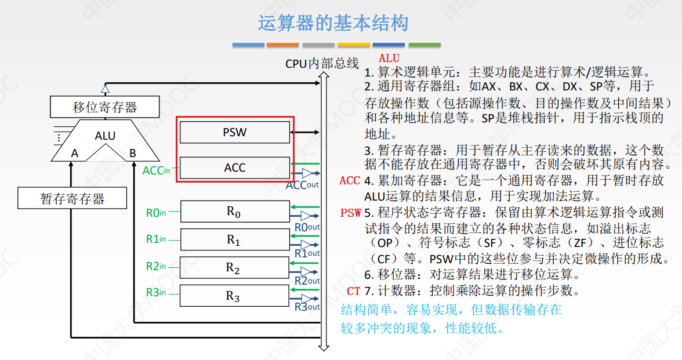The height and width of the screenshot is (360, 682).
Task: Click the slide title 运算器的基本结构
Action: click(333, 23)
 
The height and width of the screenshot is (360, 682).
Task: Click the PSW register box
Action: click(234, 132)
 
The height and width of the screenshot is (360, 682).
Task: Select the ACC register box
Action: click(234, 168)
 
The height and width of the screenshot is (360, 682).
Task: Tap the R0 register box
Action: click(234, 212)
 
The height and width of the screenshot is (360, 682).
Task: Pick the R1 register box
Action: click(234, 239)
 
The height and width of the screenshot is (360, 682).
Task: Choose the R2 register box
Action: click(234, 267)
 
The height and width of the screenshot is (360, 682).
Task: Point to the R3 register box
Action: click(234, 296)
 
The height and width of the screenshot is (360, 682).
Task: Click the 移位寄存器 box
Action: click(105, 107)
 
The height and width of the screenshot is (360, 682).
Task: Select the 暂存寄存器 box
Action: click(72, 198)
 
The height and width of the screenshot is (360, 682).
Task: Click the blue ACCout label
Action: click(302, 185)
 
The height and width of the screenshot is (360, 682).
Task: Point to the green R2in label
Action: click(155, 266)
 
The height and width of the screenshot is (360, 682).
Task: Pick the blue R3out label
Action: click(307, 307)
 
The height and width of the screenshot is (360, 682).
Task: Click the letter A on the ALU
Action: click(75, 153)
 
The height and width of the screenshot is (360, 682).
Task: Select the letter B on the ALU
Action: click(133, 153)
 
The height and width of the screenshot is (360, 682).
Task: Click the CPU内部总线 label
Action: click(322, 63)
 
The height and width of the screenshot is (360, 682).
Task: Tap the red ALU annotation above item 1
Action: click(389, 58)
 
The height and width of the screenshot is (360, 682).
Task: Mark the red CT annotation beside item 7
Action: click(354, 291)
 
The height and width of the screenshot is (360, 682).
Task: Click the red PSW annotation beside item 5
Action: click(351, 213)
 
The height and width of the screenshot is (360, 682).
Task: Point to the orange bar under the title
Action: click(283, 45)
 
